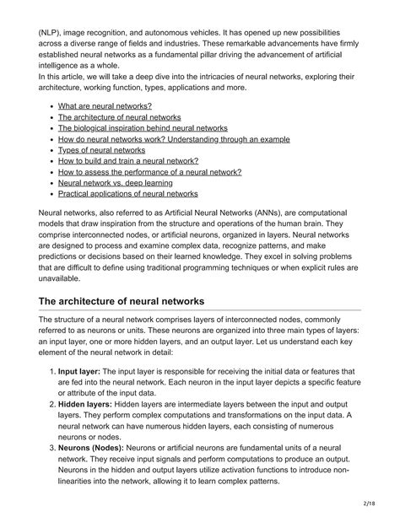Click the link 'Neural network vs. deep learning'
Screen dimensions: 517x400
pos(116,182)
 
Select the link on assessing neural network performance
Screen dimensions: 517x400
pos(149,171)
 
